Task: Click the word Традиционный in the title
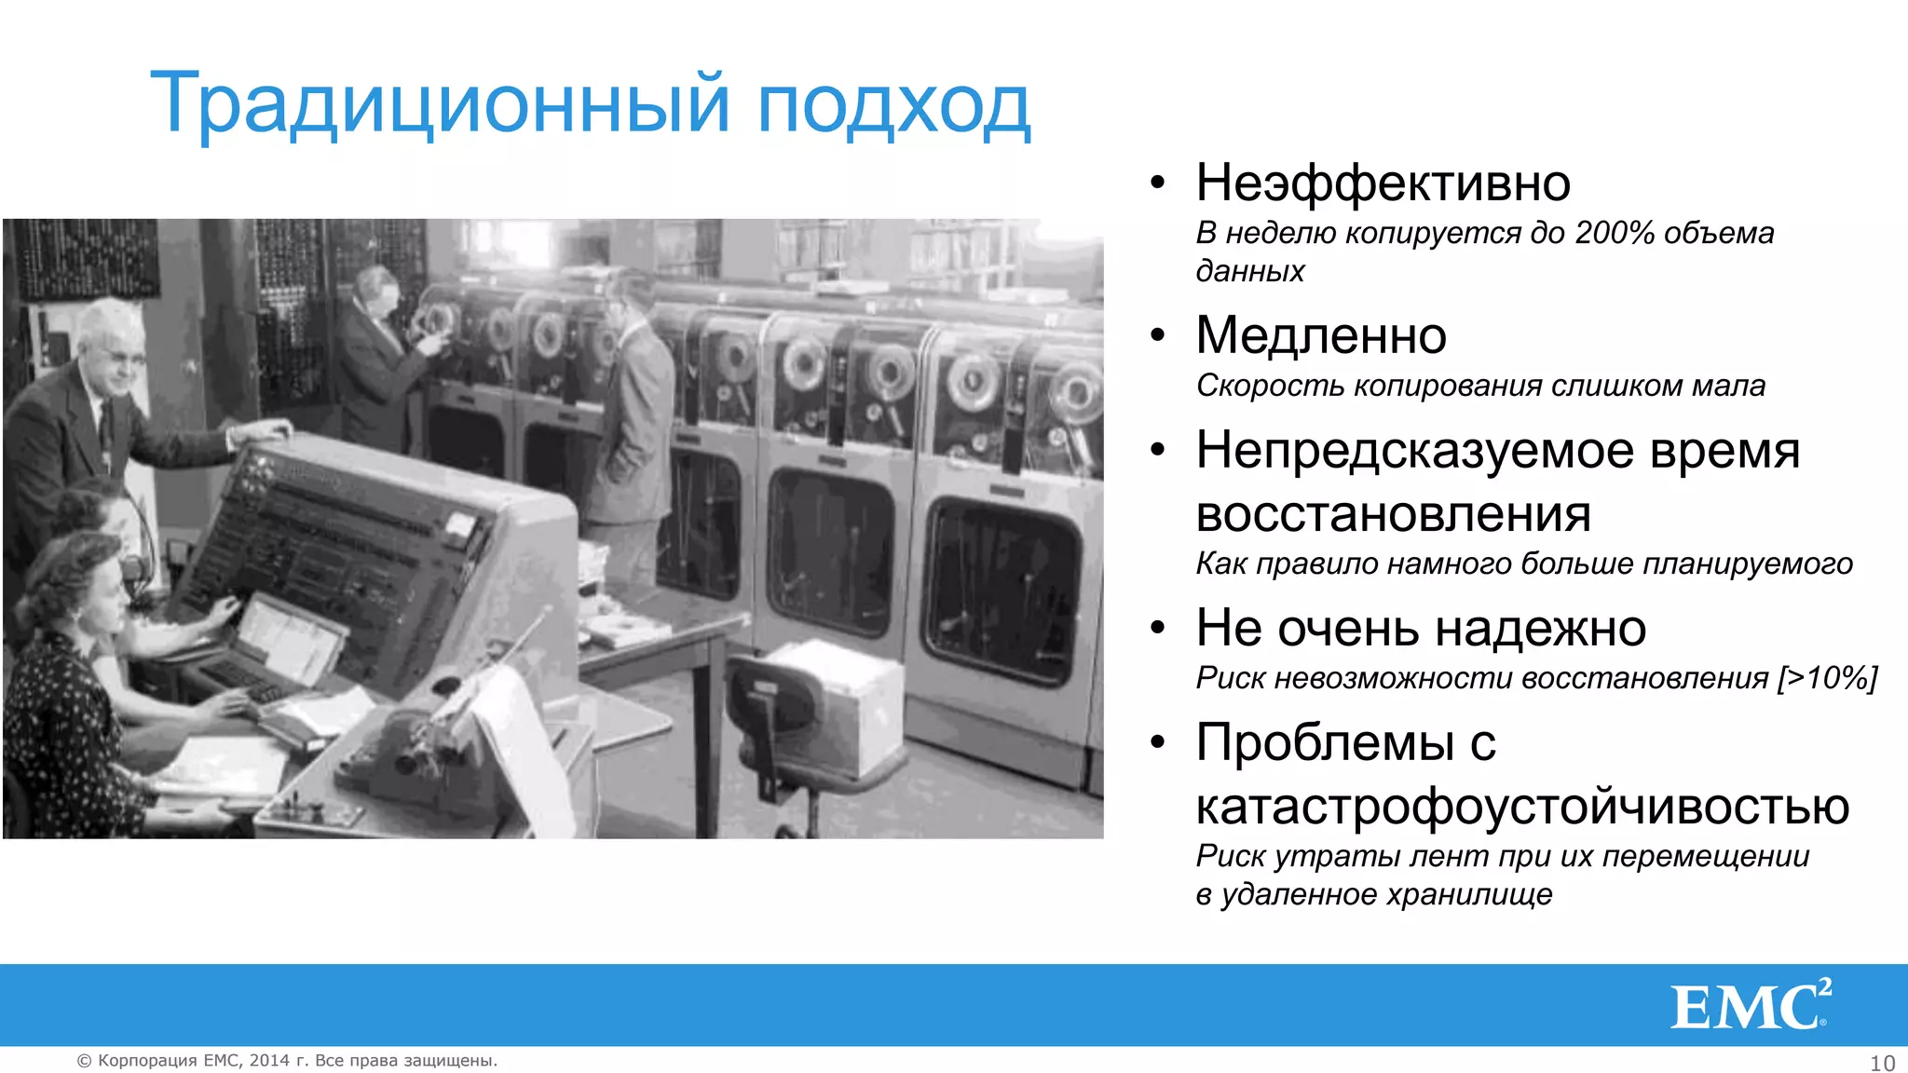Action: (x=438, y=104)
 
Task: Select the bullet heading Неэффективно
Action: (x=1383, y=183)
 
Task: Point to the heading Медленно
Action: (x=1320, y=335)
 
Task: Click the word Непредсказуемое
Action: (x=1414, y=452)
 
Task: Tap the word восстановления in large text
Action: (x=1393, y=514)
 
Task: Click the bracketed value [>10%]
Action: (x=1827, y=678)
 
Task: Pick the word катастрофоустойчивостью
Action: (x=1521, y=807)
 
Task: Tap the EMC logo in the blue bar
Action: (x=1750, y=1006)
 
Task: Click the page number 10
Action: (x=1882, y=1063)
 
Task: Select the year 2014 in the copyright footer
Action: (x=269, y=1061)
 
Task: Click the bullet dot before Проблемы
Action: (x=1157, y=743)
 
